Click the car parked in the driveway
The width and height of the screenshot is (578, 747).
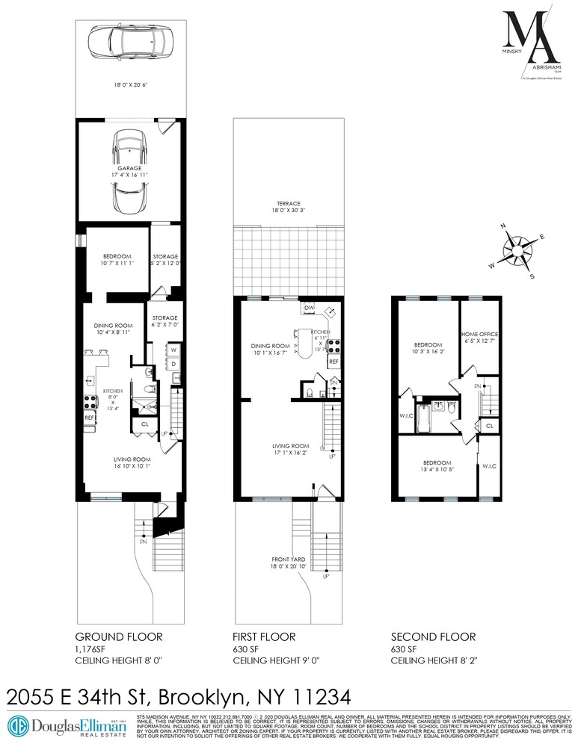pyautogui.click(x=130, y=42)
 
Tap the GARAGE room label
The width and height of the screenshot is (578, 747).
pyautogui.click(x=130, y=170)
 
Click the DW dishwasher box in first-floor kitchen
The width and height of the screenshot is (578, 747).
pyautogui.click(x=308, y=307)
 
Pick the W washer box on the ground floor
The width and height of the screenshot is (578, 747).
pyautogui.click(x=173, y=350)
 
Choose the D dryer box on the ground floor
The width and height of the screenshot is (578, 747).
pyautogui.click(x=173, y=364)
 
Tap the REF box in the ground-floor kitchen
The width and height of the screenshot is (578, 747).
pyautogui.click(x=89, y=418)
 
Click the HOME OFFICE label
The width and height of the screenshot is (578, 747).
pyautogui.click(x=479, y=334)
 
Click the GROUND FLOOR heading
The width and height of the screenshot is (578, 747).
pyautogui.click(x=118, y=636)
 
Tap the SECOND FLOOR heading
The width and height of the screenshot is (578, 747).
pyautogui.click(x=433, y=636)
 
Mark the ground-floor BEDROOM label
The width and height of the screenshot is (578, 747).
pyautogui.click(x=116, y=256)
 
